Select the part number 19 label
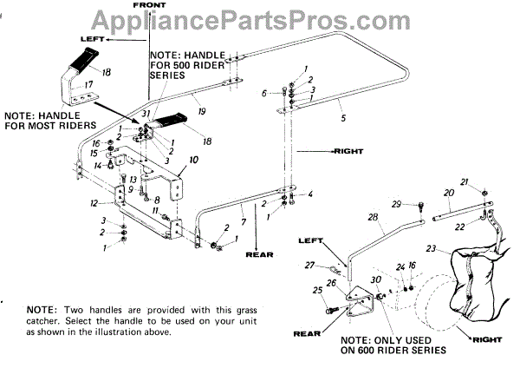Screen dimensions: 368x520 200,111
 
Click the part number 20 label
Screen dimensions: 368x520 448,192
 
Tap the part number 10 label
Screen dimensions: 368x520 193,160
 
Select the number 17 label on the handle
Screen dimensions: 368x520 87,84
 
